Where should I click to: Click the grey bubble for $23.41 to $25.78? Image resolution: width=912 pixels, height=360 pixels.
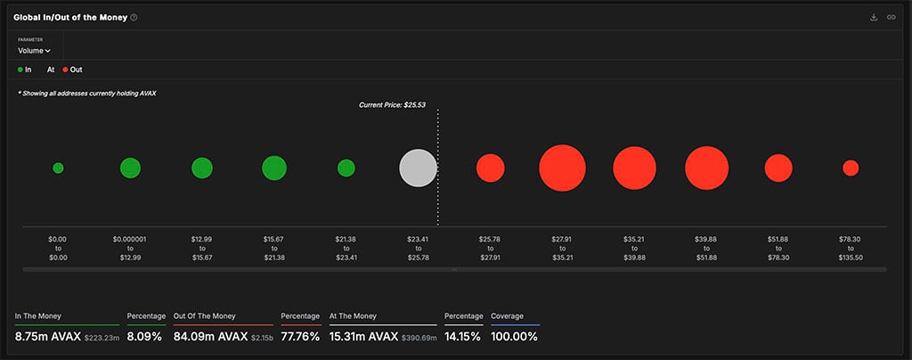[418, 168]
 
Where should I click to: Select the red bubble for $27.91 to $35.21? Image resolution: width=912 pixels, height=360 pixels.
[562, 168]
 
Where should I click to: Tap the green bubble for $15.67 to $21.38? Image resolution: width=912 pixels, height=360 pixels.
[274, 168]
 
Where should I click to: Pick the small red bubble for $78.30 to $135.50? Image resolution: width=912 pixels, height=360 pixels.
[851, 168]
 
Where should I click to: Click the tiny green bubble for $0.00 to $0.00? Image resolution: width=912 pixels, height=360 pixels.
[58, 168]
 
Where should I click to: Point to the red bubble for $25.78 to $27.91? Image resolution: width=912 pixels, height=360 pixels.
[490, 168]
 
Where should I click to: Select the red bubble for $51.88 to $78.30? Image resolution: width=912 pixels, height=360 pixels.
[778, 168]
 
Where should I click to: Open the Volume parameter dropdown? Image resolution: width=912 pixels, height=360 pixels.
[35, 51]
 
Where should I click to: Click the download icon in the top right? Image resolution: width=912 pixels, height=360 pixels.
[874, 17]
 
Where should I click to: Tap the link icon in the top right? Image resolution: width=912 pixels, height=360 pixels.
[892, 17]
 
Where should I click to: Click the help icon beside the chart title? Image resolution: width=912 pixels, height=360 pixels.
[134, 18]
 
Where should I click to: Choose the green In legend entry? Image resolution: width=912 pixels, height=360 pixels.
[24, 70]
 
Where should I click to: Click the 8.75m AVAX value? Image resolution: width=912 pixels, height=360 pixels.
[47, 336]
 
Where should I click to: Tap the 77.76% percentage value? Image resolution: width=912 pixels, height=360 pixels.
[300, 336]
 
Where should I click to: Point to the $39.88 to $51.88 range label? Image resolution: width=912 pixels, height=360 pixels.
[706, 247]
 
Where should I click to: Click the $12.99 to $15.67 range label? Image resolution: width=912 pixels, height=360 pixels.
[202, 247]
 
